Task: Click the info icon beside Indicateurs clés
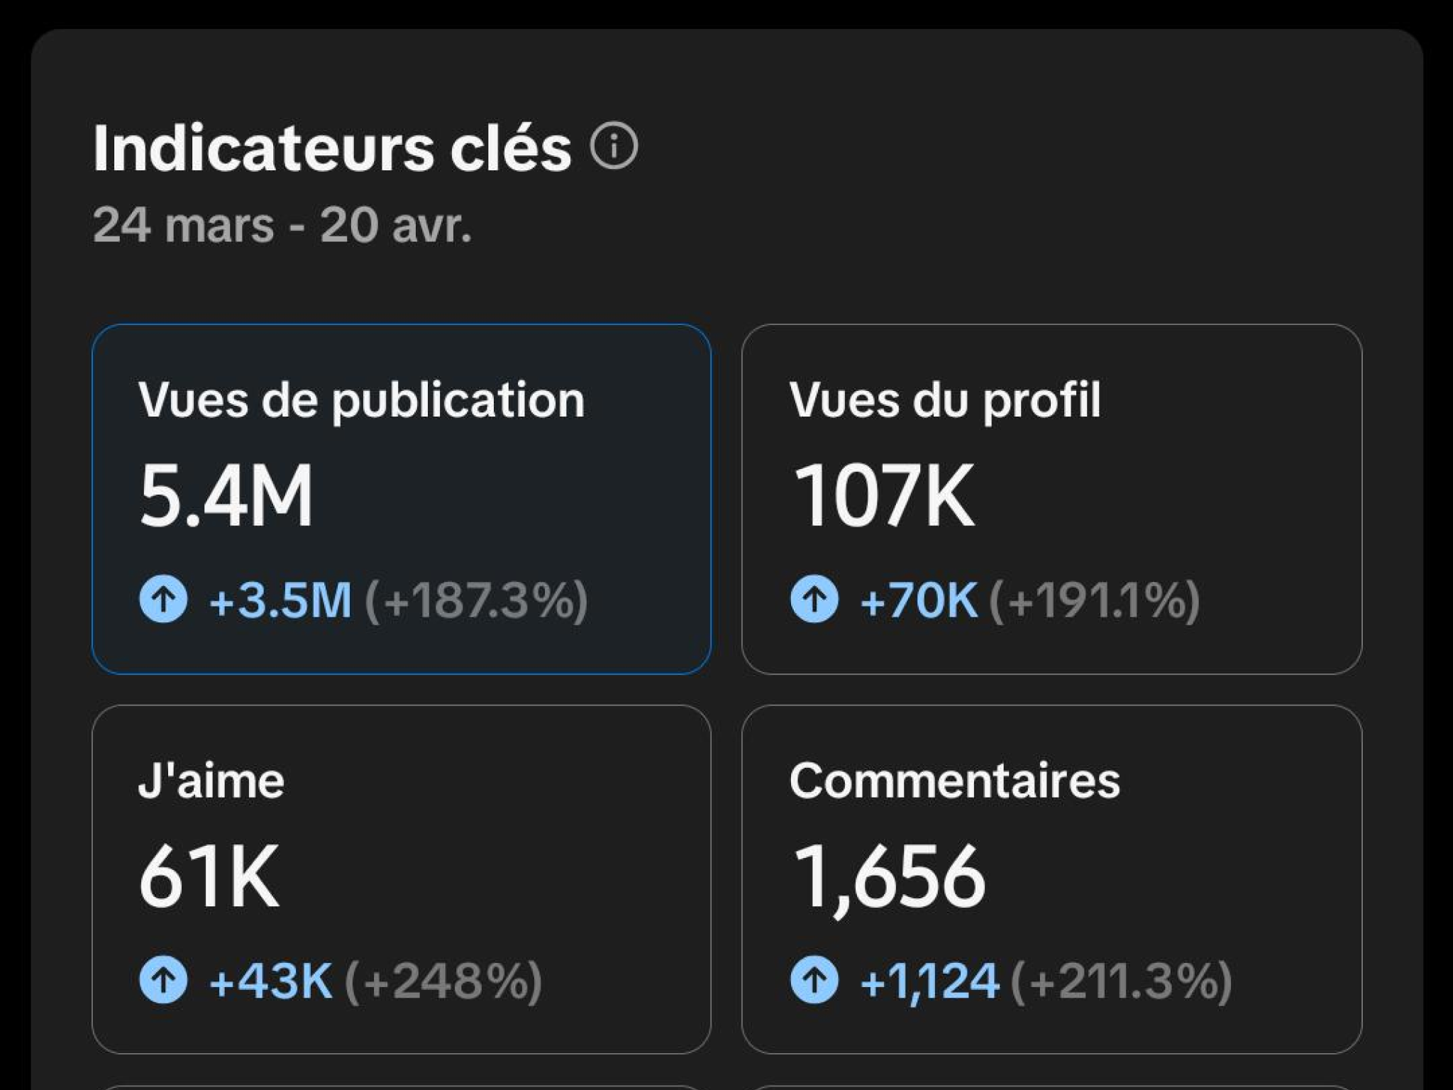click(x=614, y=146)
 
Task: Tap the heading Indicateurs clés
click(x=332, y=148)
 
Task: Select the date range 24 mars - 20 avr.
click(x=282, y=225)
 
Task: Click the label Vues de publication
click(x=361, y=400)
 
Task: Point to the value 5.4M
click(x=226, y=495)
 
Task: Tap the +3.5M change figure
click(x=280, y=600)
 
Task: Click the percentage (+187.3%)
click(x=476, y=600)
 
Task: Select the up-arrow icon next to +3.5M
click(x=163, y=600)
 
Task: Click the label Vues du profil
click(x=945, y=400)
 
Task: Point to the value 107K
click(x=884, y=495)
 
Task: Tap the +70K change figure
click(x=919, y=600)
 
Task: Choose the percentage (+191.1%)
click(x=1094, y=600)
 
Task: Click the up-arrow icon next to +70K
click(x=814, y=600)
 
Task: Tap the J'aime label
click(x=211, y=781)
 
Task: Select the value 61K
click(x=209, y=876)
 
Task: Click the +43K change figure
click(x=270, y=981)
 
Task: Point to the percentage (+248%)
click(x=443, y=981)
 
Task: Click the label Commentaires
click(x=955, y=781)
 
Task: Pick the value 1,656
click(x=890, y=879)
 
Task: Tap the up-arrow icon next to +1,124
click(x=814, y=980)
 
